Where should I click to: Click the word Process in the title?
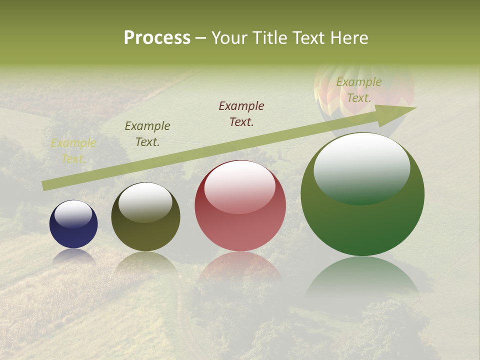coord(157,38)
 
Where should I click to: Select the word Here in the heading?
coord(349,38)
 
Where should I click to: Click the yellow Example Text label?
coord(73,151)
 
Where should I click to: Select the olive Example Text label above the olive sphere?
coord(147,134)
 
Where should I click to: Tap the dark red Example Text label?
coord(241,114)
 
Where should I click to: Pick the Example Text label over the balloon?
coord(359,90)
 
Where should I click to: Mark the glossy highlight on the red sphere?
coord(240,187)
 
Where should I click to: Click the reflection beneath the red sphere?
coord(240,267)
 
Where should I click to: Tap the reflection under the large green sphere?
coord(362,280)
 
